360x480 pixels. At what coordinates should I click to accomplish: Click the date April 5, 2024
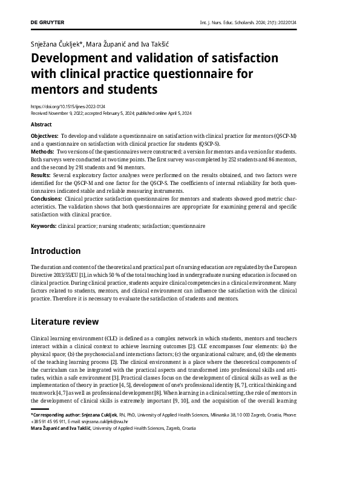pos(180,112)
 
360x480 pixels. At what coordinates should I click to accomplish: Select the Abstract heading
pos(41,125)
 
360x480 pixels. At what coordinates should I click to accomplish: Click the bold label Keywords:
pos(44,225)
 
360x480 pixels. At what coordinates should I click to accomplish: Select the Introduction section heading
pos(56,251)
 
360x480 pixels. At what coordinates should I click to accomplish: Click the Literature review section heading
pos(65,322)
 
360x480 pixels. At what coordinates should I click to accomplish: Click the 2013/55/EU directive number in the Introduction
pos(71,274)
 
